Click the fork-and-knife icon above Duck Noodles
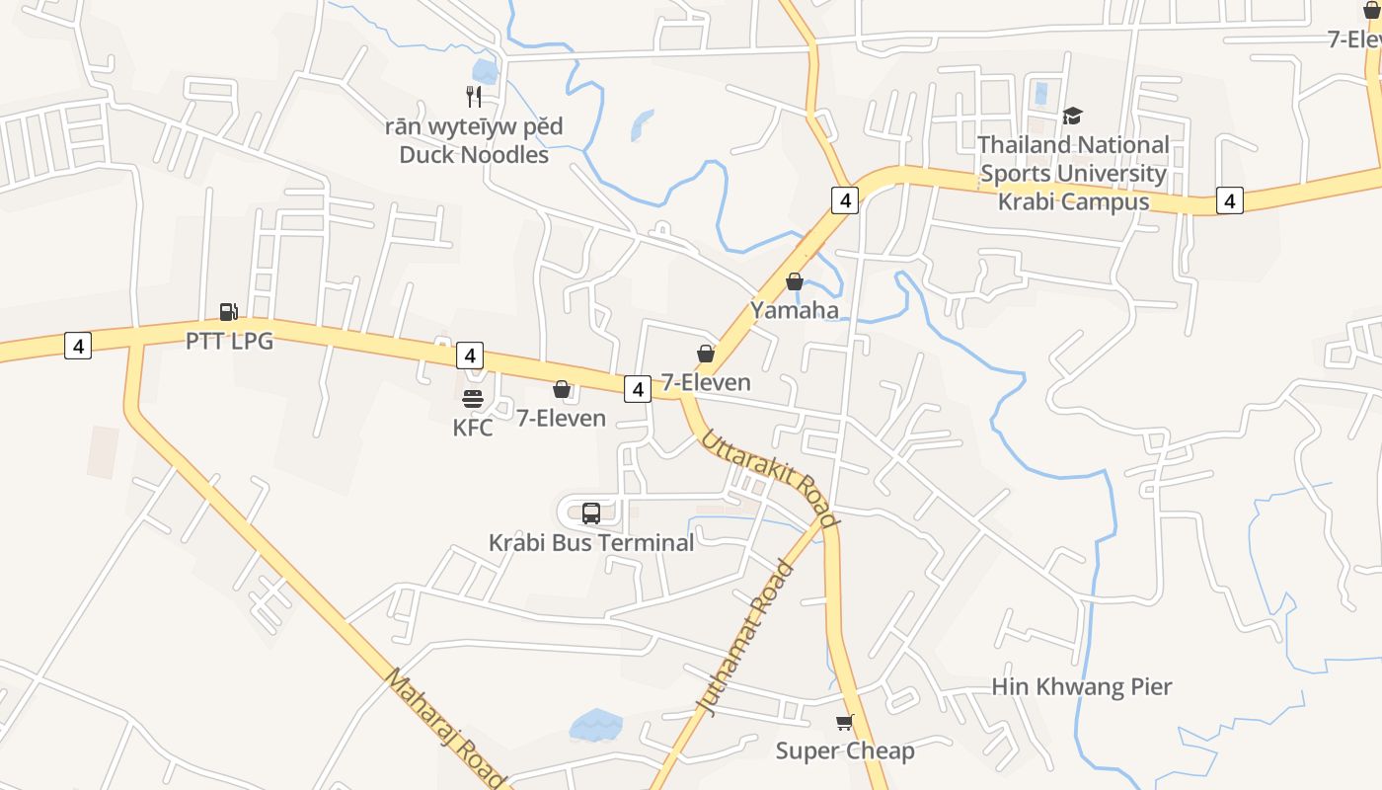coord(474,96)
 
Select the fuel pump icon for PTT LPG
coord(228,312)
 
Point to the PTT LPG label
coord(229,342)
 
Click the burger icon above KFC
coord(473,399)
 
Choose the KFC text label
coord(473,428)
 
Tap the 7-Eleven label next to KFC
coord(562,418)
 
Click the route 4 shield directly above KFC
coord(470,355)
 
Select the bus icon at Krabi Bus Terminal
coord(591,513)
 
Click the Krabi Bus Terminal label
coord(591,542)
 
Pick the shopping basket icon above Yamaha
coord(794,281)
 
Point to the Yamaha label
coord(795,310)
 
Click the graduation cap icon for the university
coord(1072,117)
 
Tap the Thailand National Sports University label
coord(1073,173)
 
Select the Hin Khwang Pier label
coord(1081,686)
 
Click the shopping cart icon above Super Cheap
coord(844,722)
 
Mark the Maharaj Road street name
coord(446,729)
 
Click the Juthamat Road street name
coord(746,638)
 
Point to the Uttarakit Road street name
coord(770,479)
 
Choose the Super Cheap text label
coord(845,750)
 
